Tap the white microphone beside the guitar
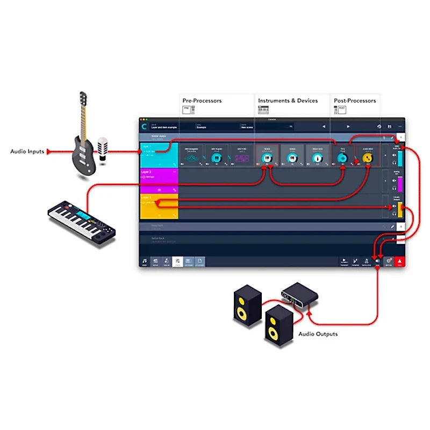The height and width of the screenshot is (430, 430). pos(102,148)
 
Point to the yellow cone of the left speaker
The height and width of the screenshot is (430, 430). pos(243,312)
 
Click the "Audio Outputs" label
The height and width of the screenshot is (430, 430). pos(318,334)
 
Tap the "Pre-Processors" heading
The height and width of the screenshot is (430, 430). pos(202,101)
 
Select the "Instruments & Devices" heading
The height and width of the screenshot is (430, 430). pos(288,101)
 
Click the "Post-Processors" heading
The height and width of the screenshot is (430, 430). pos(355,101)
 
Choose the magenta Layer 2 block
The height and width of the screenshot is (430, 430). pos(159,181)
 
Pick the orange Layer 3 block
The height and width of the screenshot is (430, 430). pos(159,206)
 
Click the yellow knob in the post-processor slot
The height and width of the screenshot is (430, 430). pos(368,157)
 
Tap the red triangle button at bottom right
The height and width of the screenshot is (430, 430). pos(400,261)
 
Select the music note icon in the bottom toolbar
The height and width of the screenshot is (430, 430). pos(144,261)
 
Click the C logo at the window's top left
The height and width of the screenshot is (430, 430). pos(144,127)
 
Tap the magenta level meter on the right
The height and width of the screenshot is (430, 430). pos(399,184)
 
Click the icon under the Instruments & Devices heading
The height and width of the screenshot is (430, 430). pos(263,110)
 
